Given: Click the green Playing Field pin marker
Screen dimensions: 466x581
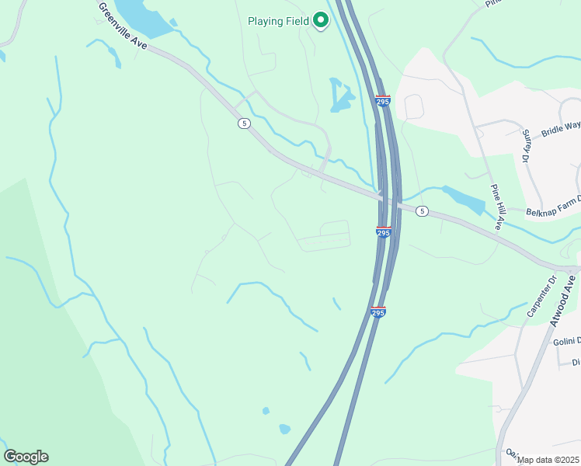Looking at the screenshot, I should tap(321, 21).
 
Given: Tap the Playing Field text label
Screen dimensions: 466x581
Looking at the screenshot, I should tap(278, 21).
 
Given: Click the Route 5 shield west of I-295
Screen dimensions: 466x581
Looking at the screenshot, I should tap(244, 123).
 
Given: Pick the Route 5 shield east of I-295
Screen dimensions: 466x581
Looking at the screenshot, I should tap(422, 210).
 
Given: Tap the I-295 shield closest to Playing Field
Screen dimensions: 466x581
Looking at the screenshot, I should tap(383, 101).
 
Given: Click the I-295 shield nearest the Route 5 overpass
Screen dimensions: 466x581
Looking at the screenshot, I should tap(383, 231).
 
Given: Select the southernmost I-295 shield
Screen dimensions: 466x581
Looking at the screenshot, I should tap(377, 312).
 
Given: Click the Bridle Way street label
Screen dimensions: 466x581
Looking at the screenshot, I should tap(561, 128).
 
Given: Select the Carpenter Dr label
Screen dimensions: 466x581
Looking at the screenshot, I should tap(542, 296).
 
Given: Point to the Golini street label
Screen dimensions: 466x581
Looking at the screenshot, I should tap(566, 342).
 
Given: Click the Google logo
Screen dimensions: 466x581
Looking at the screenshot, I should tap(26, 457).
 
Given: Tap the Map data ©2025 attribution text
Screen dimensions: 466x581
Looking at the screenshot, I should tap(548, 460).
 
